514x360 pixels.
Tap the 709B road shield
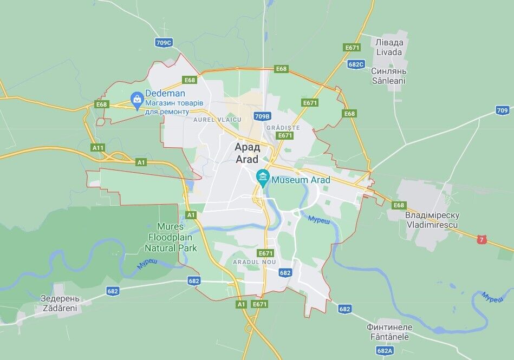click(262, 116)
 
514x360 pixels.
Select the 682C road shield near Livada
click(356, 64)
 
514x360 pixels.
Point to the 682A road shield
click(385, 351)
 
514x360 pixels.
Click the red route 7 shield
click(481, 239)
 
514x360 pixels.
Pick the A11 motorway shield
click(98, 147)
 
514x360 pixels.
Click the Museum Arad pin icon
click(263, 177)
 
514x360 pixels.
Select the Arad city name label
click(248, 153)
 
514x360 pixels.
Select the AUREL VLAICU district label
click(214, 119)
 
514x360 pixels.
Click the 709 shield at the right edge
click(502, 110)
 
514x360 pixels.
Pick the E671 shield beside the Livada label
click(352, 48)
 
